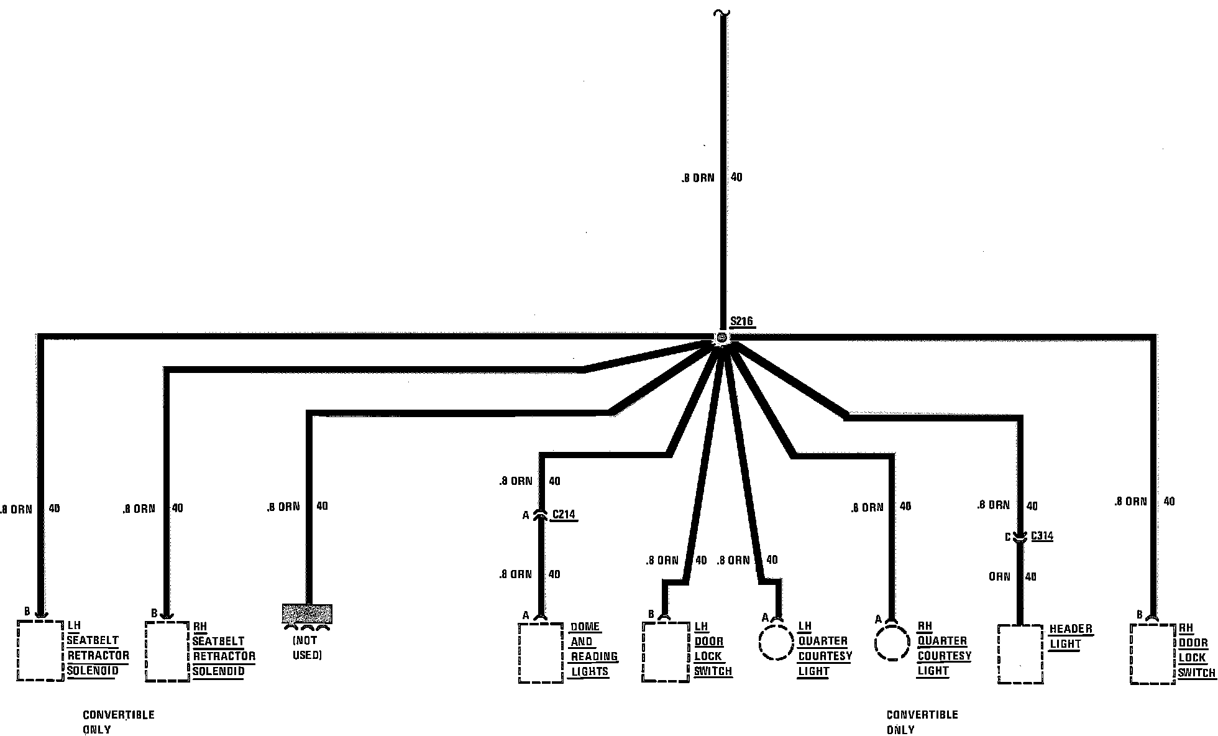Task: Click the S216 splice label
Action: (x=741, y=321)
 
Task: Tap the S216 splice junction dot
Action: (x=721, y=338)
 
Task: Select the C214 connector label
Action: (x=564, y=514)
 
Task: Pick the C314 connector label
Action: (x=1042, y=536)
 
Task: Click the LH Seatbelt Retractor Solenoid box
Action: (x=40, y=650)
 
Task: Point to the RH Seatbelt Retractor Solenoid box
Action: (x=167, y=651)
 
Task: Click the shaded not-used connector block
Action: (x=307, y=614)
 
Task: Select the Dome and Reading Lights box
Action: (x=541, y=653)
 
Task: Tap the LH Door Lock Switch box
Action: (x=666, y=651)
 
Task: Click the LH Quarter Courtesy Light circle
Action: (x=776, y=643)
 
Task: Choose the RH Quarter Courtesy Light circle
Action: (x=892, y=643)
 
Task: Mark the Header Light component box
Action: (x=1020, y=654)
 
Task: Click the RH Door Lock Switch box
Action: (x=1153, y=654)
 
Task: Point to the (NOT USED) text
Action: (x=306, y=648)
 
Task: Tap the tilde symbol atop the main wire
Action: (x=722, y=12)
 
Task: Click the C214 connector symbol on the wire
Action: (x=541, y=515)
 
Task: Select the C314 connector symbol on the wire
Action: (x=1020, y=536)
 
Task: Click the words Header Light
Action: (x=1070, y=637)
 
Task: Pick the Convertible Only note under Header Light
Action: (x=922, y=722)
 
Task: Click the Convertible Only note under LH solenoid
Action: (x=118, y=722)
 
